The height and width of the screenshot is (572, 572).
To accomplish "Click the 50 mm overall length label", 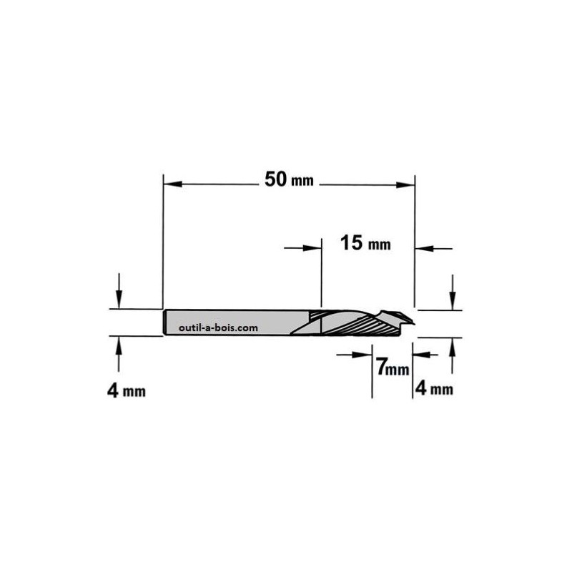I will [x=289, y=180].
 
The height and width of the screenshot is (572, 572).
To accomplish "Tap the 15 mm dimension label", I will [x=365, y=244].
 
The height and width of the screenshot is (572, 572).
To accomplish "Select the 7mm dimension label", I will [x=391, y=369].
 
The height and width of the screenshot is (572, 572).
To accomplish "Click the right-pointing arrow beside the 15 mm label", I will [x=311, y=248].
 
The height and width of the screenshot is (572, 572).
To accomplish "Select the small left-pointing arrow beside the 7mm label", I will [x=419, y=352].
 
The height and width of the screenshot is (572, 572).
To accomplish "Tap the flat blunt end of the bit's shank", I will [x=165, y=322].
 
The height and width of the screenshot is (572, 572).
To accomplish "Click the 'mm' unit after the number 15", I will [x=380, y=245].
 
